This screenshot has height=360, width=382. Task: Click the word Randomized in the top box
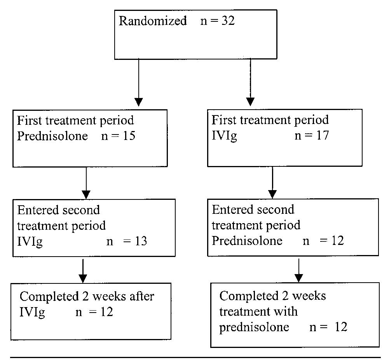coord(152,21)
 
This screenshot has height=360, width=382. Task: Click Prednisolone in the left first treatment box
coord(52,136)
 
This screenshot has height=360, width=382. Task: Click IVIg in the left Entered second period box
coord(30,241)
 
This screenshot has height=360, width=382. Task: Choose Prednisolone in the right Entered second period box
coord(247,241)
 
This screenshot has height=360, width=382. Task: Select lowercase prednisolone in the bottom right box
coord(254,327)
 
